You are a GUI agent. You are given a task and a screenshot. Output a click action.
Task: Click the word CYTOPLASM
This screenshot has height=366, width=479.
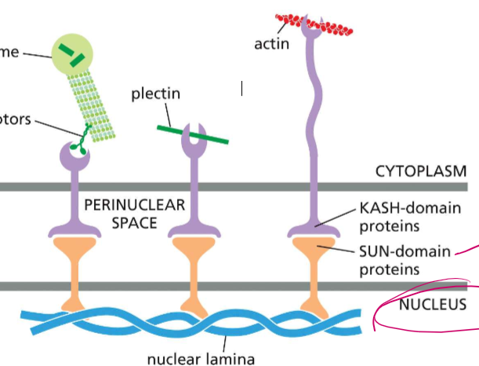tap(421, 170)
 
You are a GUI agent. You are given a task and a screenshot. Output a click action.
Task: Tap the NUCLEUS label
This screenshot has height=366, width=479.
tap(432, 303)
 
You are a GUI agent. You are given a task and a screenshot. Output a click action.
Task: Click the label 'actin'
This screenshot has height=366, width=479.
tap(271, 43)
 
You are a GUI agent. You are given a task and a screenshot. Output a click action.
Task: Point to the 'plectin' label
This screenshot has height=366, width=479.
tap(156, 94)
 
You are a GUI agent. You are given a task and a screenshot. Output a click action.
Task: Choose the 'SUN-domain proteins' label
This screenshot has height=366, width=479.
tap(405, 260)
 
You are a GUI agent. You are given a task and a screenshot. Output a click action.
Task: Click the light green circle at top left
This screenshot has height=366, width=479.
tap(74, 54)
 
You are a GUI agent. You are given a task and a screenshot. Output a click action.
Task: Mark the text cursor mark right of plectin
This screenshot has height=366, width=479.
tap(242, 90)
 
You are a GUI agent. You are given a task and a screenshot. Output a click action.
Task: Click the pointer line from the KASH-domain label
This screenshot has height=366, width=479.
tap(339, 217)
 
